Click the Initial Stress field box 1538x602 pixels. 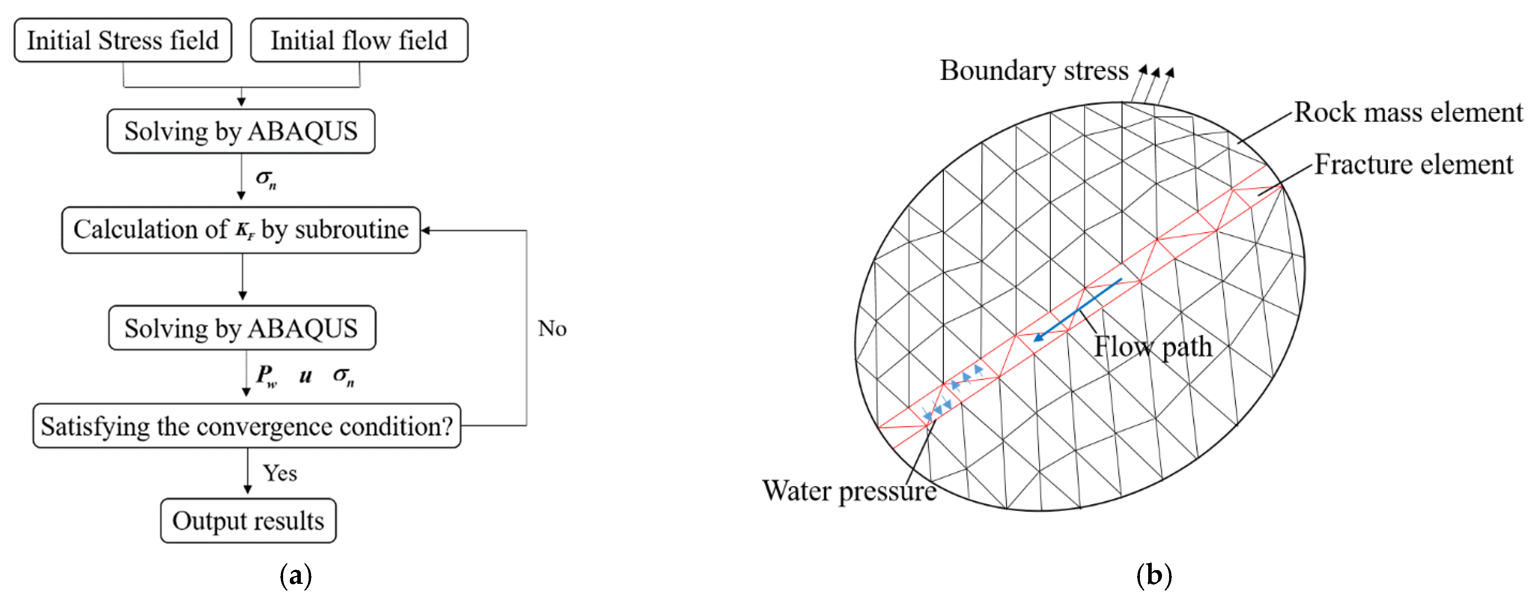tap(123, 41)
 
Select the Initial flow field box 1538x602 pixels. tap(359, 41)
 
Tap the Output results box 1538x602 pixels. tap(248, 521)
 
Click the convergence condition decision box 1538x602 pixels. tap(246, 426)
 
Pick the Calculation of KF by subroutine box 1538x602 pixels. tap(241, 230)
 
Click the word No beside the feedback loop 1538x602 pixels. tap(552, 329)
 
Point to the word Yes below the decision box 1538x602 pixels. tap(280, 473)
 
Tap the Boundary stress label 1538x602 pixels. tap(1034, 71)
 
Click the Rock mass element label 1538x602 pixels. tap(1408, 112)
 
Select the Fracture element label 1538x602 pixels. tap(1413, 164)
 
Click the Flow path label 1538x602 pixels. tap(1152, 346)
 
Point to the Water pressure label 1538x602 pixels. tap(849, 491)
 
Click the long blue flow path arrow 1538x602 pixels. tap(1078, 309)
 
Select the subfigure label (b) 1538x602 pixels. tap(1154, 575)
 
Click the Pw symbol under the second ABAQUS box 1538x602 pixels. tap(266, 375)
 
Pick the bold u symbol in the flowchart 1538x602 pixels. tap(305, 375)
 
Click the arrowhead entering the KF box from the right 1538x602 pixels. tap(426, 230)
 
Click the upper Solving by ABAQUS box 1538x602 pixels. tap(241, 131)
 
